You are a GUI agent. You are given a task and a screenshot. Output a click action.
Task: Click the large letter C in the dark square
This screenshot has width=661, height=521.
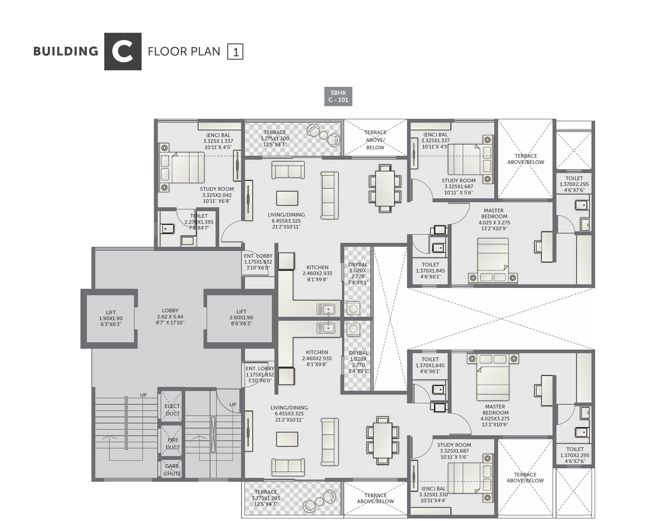[123, 52]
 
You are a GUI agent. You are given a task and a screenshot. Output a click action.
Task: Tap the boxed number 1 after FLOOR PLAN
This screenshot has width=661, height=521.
[235, 52]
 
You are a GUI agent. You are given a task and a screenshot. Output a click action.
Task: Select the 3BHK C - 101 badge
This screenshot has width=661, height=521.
[338, 96]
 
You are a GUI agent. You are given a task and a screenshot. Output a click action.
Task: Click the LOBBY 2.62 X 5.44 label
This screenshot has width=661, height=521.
[170, 317]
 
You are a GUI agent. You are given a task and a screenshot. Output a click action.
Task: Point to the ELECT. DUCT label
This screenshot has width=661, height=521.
[172, 410]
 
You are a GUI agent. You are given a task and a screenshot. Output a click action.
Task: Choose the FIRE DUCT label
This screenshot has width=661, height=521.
[173, 443]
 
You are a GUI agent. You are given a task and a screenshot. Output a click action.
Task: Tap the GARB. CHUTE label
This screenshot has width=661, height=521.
[172, 470]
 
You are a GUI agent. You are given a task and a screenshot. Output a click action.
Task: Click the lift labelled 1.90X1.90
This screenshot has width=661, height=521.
[110, 318]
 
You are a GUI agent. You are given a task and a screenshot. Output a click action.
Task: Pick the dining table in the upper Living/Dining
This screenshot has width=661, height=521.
[385, 189]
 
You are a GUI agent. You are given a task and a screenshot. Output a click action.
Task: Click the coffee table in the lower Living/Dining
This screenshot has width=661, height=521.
[287, 439]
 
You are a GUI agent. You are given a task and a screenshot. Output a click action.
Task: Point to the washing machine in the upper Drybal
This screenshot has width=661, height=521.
[353, 308]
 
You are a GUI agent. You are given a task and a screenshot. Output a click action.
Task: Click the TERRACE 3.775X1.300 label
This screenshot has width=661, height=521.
[275, 138]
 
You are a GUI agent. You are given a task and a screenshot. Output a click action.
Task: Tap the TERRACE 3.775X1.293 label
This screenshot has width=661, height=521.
[266, 498]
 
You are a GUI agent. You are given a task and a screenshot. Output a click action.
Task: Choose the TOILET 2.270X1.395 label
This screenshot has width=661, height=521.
[199, 222]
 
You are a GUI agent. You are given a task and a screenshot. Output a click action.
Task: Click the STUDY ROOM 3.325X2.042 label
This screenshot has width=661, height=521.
[217, 195]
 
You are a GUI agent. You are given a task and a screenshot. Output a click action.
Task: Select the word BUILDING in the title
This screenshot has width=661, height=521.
[66, 52]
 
